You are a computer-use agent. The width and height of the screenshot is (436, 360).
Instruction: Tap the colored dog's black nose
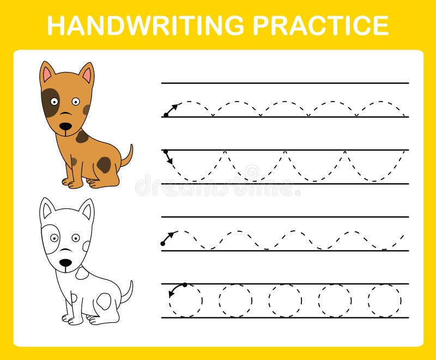coord(65,126)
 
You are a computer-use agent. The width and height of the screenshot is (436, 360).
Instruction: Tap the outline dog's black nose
coord(65,262)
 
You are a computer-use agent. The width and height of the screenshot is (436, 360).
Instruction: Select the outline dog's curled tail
coord(127,292)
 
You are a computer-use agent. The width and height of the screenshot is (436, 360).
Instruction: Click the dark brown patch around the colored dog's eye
coord(50,102)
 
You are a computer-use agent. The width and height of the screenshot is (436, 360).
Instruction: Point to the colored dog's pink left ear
coord(48,73)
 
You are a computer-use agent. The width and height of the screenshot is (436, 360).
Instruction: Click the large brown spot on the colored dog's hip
coord(104,164)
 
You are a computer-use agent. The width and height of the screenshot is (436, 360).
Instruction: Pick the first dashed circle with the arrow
coord(186,301)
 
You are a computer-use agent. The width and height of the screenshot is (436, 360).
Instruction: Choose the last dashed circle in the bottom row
coord(385,301)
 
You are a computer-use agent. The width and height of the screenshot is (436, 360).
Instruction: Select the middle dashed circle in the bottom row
coord(285,301)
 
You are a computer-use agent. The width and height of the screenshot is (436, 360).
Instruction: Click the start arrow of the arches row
coord(171,110)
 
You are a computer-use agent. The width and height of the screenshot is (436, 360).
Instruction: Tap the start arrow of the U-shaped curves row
coord(168,157)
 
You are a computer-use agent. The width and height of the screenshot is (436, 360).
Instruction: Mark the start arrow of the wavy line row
coord(168,238)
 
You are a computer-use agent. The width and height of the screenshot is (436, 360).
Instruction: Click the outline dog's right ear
coord(86,209)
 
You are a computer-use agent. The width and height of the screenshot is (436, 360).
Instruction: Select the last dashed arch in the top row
coord(381,108)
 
